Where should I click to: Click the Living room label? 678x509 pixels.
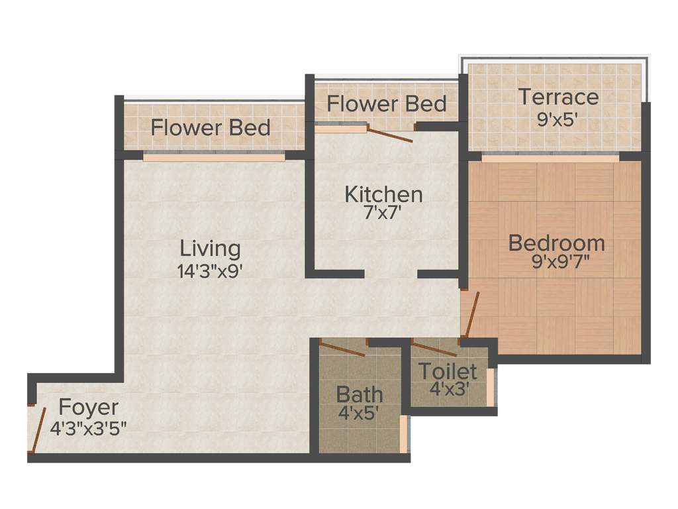(211, 249)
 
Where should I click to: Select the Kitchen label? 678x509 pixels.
(384, 194)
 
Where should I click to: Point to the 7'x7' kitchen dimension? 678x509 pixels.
(384, 213)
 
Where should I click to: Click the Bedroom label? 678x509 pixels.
(556, 243)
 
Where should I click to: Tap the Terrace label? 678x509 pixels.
(558, 97)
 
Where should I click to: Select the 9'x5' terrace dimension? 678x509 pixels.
(558, 117)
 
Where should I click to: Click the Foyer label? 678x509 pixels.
(89, 406)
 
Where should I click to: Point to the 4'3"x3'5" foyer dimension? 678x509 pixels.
(89, 425)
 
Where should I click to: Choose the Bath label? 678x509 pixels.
(360, 394)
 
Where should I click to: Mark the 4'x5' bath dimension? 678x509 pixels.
(360, 414)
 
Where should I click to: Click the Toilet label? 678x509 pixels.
(448, 370)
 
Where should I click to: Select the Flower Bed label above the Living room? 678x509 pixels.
(211, 127)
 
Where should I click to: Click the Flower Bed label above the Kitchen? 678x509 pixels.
(387, 104)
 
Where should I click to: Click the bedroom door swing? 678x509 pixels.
(471, 314)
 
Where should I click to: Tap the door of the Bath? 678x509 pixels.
(342, 349)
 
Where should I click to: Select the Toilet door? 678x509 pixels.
(434, 349)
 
